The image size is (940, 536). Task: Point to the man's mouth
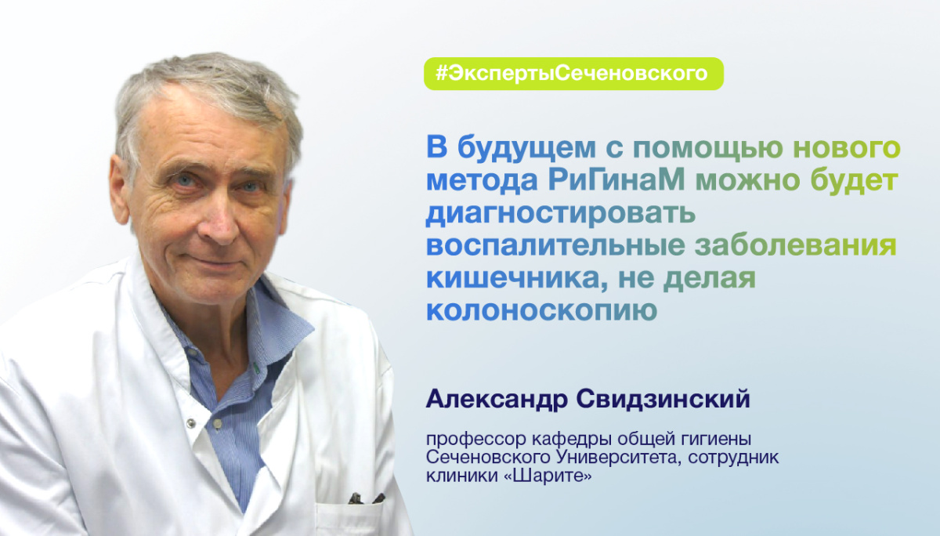pos(217,262)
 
